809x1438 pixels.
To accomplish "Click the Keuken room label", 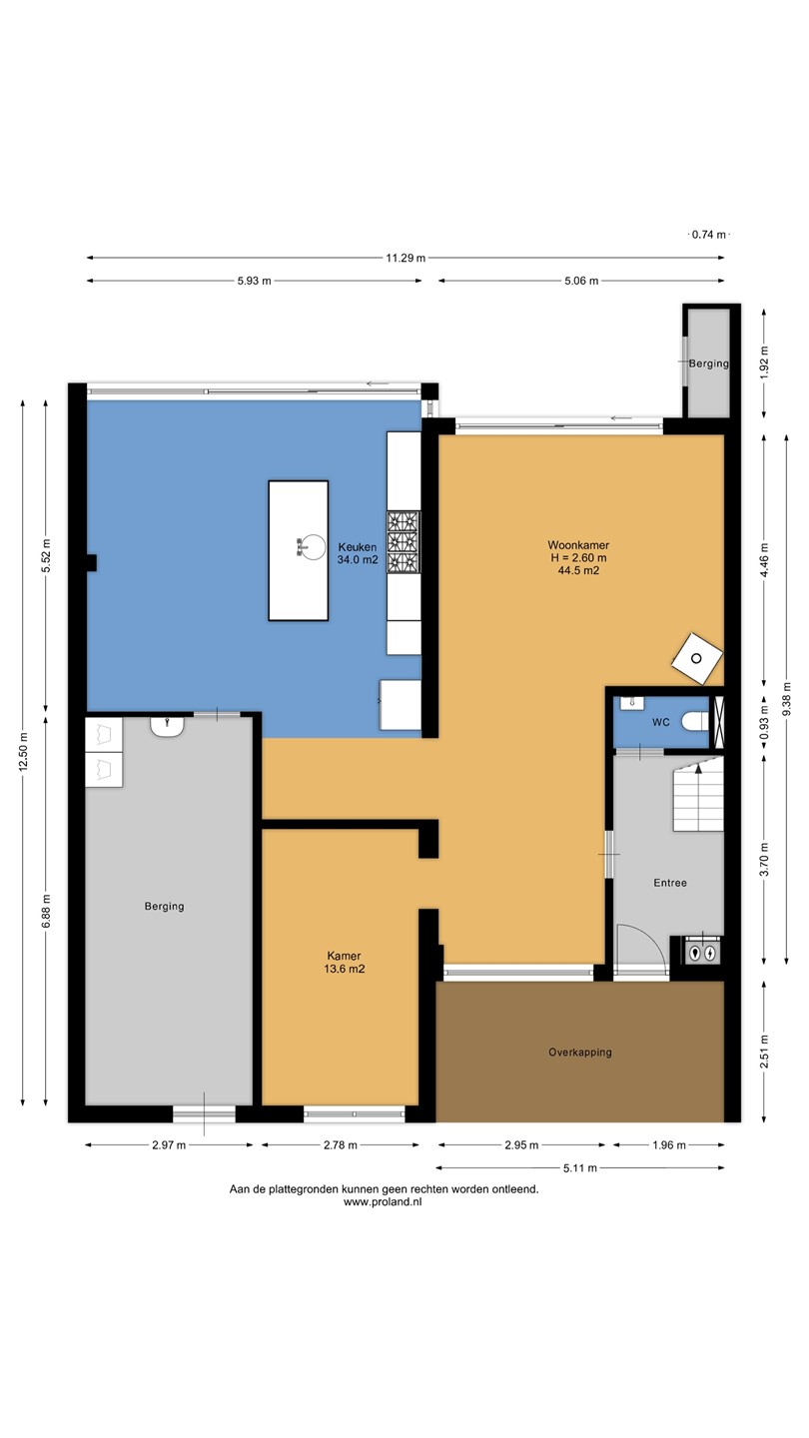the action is [x=358, y=553].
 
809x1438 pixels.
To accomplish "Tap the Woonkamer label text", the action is [x=578, y=545].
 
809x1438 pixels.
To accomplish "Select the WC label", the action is [x=661, y=722].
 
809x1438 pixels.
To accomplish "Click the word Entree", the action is [x=670, y=883].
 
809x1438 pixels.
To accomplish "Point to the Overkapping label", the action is [x=579, y=1053].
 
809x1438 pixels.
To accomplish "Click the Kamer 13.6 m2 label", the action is [x=345, y=963].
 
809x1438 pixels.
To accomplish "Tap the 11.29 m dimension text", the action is [x=405, y=258].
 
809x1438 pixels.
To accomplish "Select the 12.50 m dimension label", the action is [x=23, y=752].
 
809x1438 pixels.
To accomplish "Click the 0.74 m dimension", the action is [x=709, y=235].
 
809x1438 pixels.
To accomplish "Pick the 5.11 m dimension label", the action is [x=579, y=1167].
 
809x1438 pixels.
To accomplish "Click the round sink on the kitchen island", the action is [x=314, y=546].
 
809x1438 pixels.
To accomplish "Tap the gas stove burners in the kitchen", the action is [x=404, y=542].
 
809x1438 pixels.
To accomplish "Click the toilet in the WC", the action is [x=695, y=722].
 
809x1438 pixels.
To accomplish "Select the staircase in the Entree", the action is [x=698, y=794].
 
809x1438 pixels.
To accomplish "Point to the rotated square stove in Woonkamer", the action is [x=697, y=659].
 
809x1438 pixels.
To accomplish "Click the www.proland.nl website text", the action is [x=383, y=1202].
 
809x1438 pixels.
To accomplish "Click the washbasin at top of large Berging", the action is [x=168, y=726].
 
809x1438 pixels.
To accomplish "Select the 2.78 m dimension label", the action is [x=341, y=1144].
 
